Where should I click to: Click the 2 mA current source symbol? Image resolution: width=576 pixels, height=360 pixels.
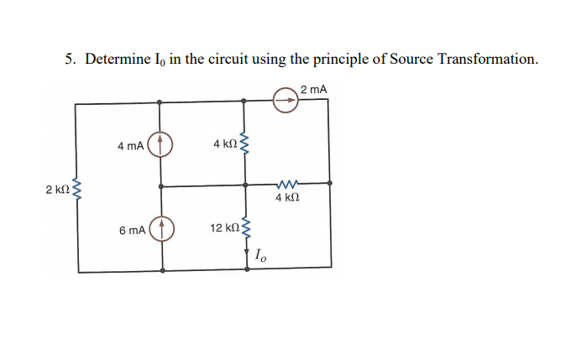(285, 101)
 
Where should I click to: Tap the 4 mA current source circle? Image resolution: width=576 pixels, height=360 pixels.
(161, 144)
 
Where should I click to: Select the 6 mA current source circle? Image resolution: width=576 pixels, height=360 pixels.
(161, 228)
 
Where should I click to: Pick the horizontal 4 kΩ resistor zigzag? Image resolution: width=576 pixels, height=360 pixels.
(287, 184)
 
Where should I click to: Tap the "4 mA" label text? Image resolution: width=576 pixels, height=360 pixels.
(131, 146)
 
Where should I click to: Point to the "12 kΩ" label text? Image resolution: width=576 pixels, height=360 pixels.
(223, 228)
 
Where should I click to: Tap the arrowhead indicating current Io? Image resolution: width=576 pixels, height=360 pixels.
(246, 253)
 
